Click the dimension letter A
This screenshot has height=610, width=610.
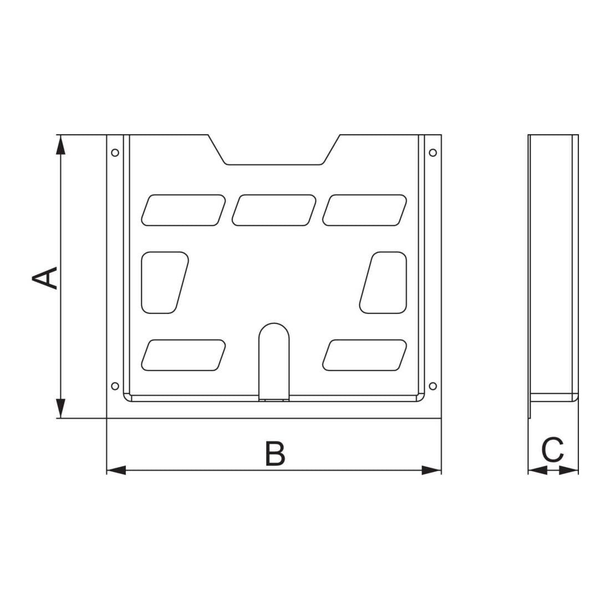tap(45, 278)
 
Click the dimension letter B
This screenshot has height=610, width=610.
tap(275, 453)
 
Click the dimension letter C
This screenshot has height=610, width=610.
tap(552, 450)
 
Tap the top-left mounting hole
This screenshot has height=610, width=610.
tap(115, 152)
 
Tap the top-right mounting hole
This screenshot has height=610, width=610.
tap(433, 152)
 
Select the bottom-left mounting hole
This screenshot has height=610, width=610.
tap(115, 386)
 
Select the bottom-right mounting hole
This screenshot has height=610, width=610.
tap(433, 386)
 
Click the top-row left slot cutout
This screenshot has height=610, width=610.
tap(183, 210)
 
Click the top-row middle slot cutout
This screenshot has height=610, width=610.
tap(274, 210)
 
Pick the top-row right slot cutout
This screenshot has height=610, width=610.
tap(364, 210)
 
